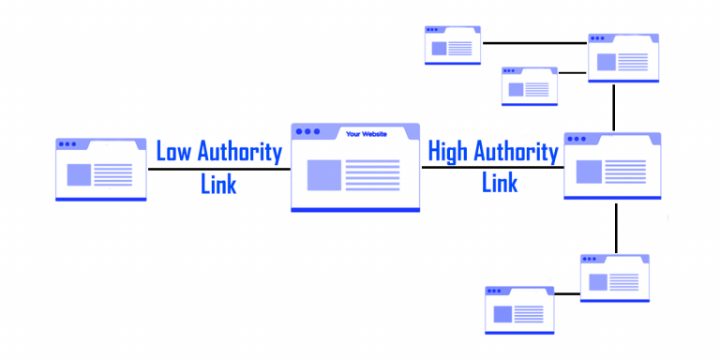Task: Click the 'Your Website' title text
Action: [365, 133]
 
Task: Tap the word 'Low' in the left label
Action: [172, 152]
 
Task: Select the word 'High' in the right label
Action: [447, 152]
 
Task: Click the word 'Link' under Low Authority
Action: [218, 183]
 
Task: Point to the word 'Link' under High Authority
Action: [500, 182]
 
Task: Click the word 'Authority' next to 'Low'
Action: [239, 152]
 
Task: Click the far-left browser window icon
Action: [101, 170]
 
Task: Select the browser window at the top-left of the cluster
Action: [453, 45]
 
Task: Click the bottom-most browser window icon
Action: [519, 309]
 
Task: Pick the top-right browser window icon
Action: [623, 57]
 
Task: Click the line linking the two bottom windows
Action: [567, 294]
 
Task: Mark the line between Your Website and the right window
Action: [492, 168]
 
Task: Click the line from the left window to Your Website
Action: [218, 169]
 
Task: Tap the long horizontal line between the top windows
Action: [534, 43]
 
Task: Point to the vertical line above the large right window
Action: [614, 108]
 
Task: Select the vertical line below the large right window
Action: [616, 228]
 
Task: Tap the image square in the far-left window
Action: [79, 174]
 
